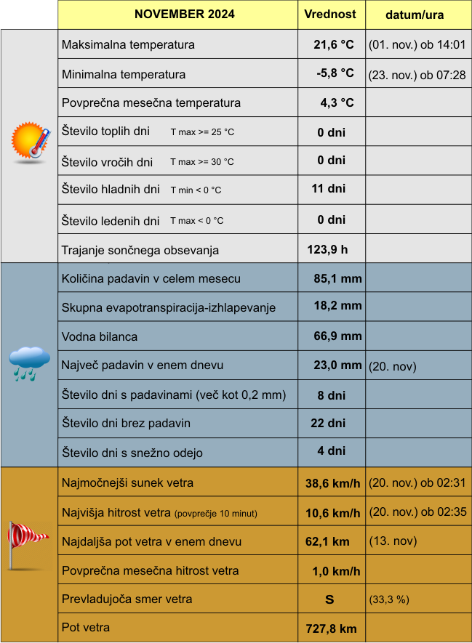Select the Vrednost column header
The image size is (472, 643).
point(330,15)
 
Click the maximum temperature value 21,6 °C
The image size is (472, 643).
point(334,45)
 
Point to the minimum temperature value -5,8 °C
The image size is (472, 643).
point(335,74)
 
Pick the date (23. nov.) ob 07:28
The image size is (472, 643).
point(417,75)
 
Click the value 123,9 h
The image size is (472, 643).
point(327,250)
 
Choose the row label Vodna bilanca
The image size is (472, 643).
point(100,336)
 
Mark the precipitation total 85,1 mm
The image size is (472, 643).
point(337,278)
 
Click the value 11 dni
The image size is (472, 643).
point(328,189)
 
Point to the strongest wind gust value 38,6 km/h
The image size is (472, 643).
point(332,483)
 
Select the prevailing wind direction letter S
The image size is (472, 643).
point(329,600)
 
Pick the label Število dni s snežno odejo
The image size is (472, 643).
point(132,453)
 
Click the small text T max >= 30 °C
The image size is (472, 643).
point(202,161)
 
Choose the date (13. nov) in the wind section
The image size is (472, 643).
point(392,541)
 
